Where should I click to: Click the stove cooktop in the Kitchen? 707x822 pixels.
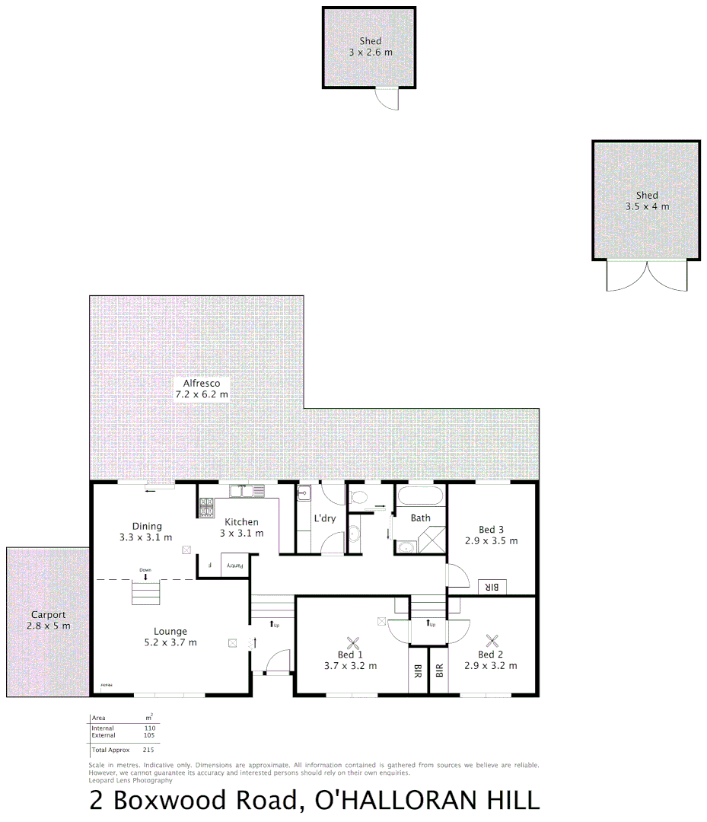(x=207, y=508)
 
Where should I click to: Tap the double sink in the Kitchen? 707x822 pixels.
(x=247, y=492)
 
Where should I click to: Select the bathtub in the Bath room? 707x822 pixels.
(x=419, y=498)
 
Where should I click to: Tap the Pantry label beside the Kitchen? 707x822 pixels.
(x=236, y=566)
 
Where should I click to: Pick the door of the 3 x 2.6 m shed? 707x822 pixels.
(x=388, y=98)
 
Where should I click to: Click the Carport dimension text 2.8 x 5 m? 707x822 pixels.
(x=48, y=626)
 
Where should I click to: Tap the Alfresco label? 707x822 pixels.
(x=201, y=384)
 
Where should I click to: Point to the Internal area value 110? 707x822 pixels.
(x=149, y=728)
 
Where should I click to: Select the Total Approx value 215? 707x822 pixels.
(x=148, y=750)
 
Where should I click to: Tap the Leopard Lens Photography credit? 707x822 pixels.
(x=130, y=780)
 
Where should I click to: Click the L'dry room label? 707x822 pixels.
(x=325, y=518)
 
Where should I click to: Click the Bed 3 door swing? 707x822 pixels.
(x=457, y=576)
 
